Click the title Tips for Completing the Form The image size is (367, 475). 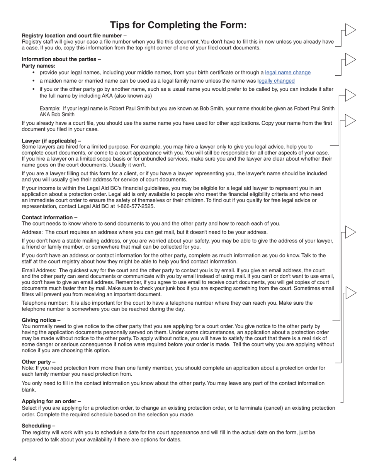178,25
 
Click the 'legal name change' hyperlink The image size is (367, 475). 287,73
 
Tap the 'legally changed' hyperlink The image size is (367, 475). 276,81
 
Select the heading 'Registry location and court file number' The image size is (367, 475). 74,36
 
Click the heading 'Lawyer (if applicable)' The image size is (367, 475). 51,141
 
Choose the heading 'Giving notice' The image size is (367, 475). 41,320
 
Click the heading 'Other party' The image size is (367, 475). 39,362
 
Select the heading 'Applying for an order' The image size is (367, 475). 51,401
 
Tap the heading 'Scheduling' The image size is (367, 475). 39,426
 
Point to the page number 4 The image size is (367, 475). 15,459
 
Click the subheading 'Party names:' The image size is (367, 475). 38,66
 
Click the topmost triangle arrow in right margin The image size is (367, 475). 350,30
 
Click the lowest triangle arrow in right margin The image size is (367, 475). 350,293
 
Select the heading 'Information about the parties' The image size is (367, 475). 61,59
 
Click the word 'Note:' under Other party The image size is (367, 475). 28,368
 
